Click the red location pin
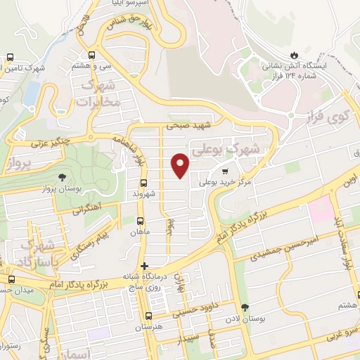point(181,165)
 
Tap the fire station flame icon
point(294,55)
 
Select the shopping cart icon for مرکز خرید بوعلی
point(225,170)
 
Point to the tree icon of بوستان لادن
point(245,308)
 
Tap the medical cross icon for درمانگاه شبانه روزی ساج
point(145,266)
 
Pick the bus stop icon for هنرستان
point(148,316)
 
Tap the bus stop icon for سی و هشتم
point(92,55)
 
